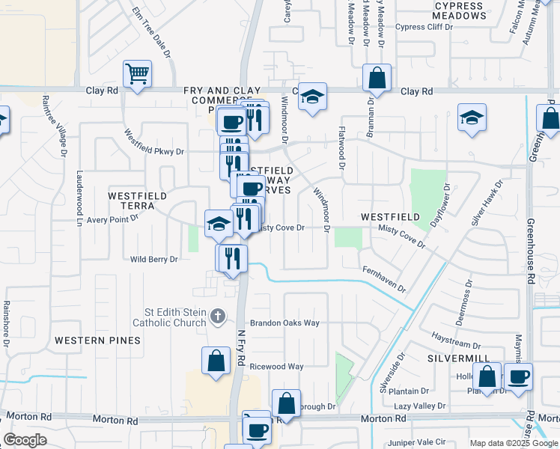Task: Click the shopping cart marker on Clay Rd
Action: pyautogui.click(x=138, y=74)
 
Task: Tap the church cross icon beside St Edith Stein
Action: pyautogui.click(x=218, y=316)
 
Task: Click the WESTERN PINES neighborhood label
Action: pyautogui.click(x=97, y=340)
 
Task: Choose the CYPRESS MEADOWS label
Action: pyautogui.click(x=460, y=10)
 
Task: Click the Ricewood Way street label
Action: pyautogui.click(x=276, y=367)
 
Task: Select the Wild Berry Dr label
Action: pyautogui.click(x=154, y=260)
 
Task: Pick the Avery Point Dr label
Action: pyautogui.click(x=113, y=219)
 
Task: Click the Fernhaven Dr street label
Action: pyautogui.click(x=384, y=278)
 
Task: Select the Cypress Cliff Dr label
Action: pyautogui.click(x=424, y=27)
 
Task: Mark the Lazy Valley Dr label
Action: pyautogui.click(x=420, y=405)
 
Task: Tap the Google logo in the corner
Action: pyautogui.click(x=25, y=440)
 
